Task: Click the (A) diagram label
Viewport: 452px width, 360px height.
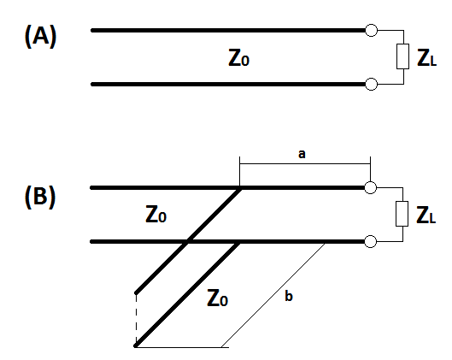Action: click(40, 36)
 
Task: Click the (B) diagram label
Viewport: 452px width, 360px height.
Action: click(40, 197)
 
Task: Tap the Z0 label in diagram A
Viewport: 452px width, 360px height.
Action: click(238, 58)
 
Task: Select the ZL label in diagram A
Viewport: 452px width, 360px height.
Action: click(427, 58)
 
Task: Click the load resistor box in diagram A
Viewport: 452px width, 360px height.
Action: click(402, 56)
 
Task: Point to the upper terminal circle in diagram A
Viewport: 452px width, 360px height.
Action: click(372, 30)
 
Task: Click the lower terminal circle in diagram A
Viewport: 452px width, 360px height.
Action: click(372, 85)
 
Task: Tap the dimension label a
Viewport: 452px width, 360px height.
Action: click(302, 154)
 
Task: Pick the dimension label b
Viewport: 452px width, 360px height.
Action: click(289, 296)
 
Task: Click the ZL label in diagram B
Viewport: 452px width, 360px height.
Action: click(426, 215)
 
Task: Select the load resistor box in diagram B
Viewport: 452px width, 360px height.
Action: click(402, 214)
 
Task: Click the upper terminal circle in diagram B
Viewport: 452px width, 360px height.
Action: click(371, 188)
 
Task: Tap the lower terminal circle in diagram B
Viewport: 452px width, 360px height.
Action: click(371, 241)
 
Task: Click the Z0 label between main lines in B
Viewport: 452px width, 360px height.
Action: click(156, 214)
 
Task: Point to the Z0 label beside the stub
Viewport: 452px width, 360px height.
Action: click(218, 298)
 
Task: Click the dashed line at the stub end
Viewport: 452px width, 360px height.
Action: click(136, 319)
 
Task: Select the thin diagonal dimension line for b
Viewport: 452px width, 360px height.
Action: click(273, 295)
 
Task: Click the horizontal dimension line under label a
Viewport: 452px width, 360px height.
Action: click(305, 164)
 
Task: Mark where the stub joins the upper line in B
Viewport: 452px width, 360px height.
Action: click(240, 188)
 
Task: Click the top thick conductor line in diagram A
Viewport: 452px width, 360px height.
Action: click(228, 30)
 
